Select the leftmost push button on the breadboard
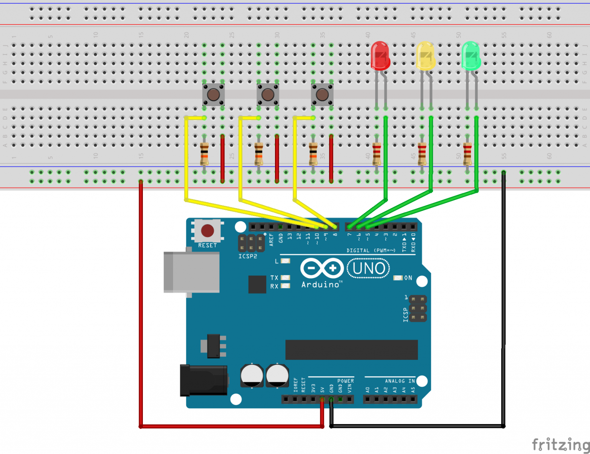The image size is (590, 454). click(214, 94)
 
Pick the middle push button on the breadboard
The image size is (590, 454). click(268, 94)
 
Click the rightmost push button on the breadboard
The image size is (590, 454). click(322, 94)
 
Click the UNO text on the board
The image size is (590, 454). click(368, 268)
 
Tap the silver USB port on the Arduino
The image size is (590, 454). click(191, 272)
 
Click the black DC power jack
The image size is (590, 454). click(204, 380)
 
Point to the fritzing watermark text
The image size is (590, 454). click(560, 445)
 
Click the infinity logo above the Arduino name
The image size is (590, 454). click(322, 268)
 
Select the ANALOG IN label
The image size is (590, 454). click(400, 381)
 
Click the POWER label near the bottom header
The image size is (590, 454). click(345, 381)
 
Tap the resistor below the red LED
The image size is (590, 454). click(376, 153)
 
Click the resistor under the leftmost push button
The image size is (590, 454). click(204, 153)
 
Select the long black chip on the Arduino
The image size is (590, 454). click(351, 350)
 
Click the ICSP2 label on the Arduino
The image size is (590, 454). click(248, 256)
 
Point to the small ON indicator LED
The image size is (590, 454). click(398, 278)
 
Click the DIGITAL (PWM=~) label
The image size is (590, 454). click(371, 250)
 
